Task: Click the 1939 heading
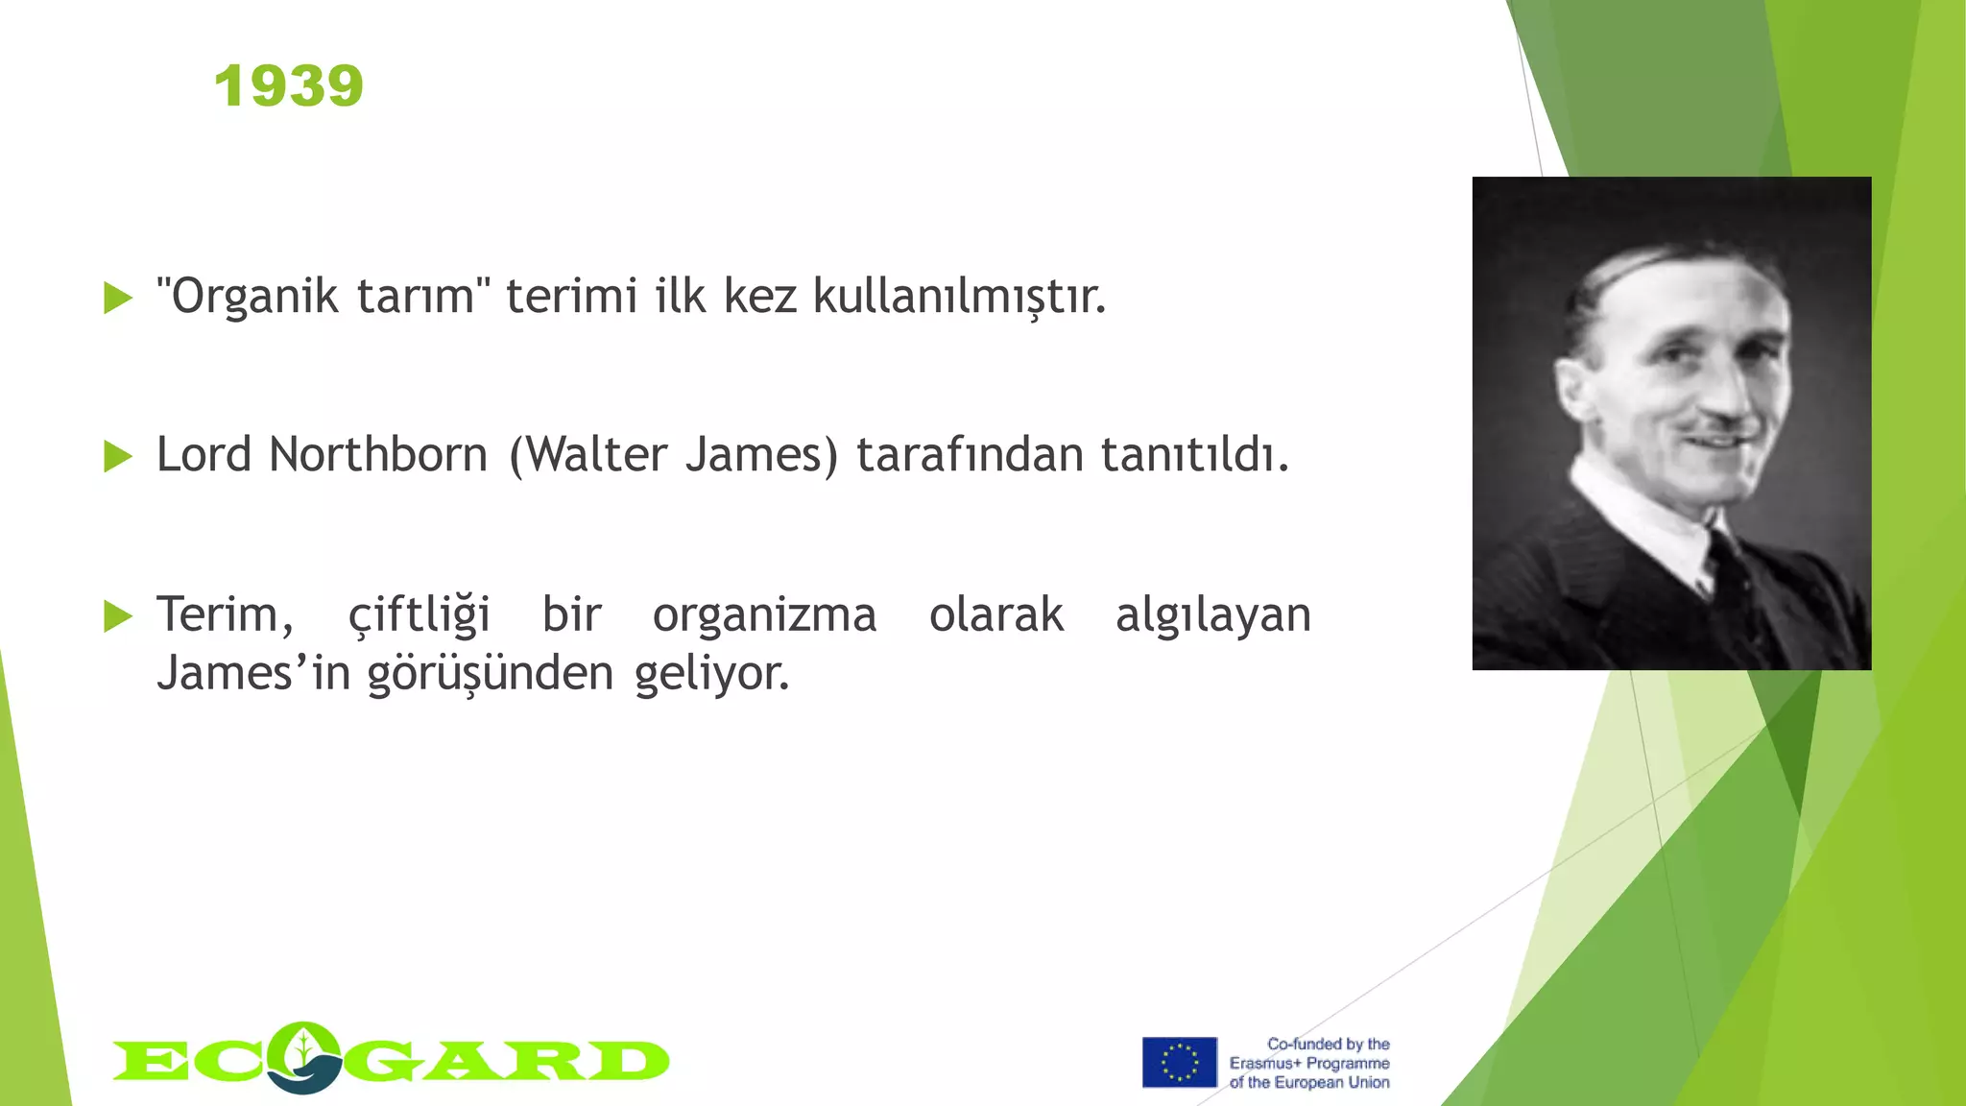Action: pyautogui.click(x=289, y=86)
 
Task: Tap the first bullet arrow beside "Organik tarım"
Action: pyautogui.click(x=117, y=298)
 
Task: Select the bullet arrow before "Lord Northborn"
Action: pyautogui.click(x=117, y=456)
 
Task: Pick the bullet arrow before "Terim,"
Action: pyautogui.click(x=117, y=615)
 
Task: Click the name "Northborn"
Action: pyautogui.click(x=378, y=455)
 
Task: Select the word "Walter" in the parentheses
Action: pyautogui.click(x=596, y=455)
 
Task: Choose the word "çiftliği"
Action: pyautogui.click(x=419, y=615)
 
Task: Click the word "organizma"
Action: pyautogui.click(x=764, y=615)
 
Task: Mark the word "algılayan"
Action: pyautogui.click(x=1212, y=615)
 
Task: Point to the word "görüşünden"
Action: pyautogui.click(x=491, y=674)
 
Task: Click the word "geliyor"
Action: pyautogui.click(x=711, y=674)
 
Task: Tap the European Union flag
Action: pyautogui.click(x=1179, y=1062)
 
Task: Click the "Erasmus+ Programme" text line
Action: pyautogui.click(x=1309, y=1064)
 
